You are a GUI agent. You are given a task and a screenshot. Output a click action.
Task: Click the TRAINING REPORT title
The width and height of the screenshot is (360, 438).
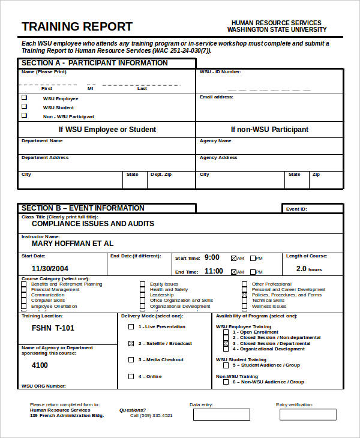point(77,26)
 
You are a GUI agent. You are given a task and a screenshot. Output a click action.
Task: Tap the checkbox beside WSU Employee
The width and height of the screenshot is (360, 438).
point(25,98)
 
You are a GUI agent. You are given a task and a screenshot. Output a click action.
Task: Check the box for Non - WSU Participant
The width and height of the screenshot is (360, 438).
point(25,116)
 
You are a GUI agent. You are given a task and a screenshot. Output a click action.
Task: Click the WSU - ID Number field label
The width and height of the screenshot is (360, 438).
point(220,72)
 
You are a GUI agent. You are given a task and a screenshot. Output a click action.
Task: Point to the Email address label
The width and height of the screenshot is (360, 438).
point(216,97)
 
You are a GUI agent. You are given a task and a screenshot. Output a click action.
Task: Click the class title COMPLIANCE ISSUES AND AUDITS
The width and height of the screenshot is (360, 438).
point(92,224)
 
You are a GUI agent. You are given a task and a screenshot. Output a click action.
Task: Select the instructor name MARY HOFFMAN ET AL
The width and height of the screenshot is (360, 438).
point(72,244)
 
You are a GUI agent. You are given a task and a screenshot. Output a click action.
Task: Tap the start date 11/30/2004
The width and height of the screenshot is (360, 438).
point(50,269)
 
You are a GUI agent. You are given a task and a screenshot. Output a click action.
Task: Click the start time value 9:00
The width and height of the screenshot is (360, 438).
point(212,257)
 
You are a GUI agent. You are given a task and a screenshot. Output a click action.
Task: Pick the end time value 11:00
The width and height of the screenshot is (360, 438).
point(213,271)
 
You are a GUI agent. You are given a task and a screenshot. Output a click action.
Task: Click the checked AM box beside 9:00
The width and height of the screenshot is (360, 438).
point(233,259)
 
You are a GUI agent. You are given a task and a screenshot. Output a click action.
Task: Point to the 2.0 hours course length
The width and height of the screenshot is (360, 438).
point(309,269)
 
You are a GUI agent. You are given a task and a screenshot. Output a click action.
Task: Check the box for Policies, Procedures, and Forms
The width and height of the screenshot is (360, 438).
point(244,295)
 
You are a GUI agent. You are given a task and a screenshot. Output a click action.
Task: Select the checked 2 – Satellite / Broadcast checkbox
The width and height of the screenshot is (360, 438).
point(131,344)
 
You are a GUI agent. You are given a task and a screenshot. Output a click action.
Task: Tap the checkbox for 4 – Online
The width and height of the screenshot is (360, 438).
point(131,377)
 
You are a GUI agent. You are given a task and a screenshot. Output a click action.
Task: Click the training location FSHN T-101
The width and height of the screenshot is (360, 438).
point(53,328)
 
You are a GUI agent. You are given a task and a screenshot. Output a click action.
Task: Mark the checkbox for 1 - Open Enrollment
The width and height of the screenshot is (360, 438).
point(226,332)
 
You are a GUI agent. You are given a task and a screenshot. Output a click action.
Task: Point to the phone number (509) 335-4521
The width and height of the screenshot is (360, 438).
point(156,415)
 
